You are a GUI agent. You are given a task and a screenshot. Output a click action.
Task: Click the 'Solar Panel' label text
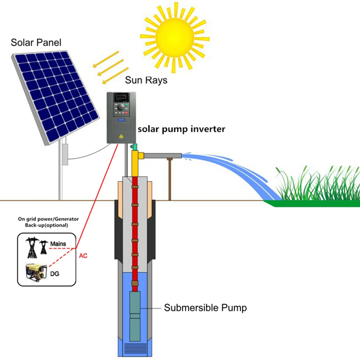point(36,42)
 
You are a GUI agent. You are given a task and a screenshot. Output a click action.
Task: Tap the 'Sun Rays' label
point(146,80)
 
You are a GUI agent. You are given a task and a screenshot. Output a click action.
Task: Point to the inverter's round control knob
point(122,107)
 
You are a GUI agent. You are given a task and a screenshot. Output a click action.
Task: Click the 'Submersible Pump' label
point(205,308)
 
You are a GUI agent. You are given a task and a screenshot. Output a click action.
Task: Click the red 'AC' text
point(83,256)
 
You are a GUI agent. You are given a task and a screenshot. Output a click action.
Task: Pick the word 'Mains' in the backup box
point(58,244)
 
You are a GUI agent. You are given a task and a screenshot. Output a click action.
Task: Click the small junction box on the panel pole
point(65,154)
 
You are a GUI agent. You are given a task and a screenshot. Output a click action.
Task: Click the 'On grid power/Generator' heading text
point(48,219)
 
